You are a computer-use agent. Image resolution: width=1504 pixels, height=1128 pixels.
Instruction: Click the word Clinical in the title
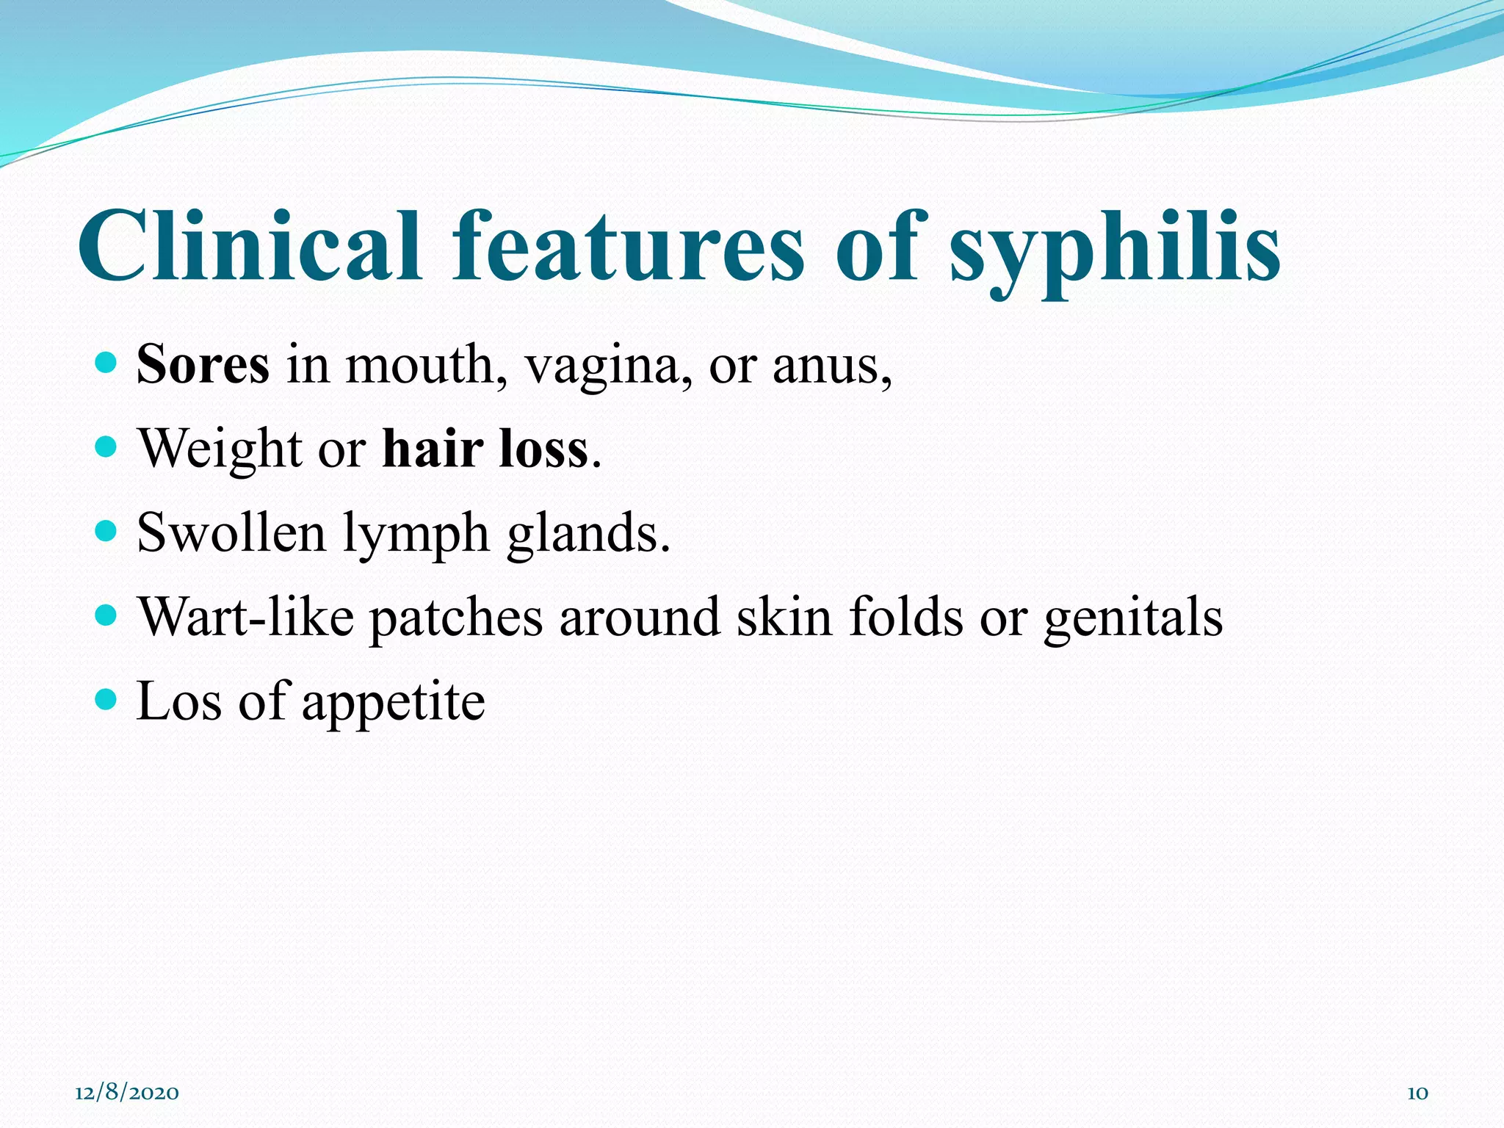[250, 246]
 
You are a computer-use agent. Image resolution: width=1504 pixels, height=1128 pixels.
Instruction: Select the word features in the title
[628, 246]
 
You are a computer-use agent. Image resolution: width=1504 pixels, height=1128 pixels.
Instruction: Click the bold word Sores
[203, 364]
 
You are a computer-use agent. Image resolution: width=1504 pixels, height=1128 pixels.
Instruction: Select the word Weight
[220, 449]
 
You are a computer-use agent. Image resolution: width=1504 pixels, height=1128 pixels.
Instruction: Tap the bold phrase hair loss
[485, 448]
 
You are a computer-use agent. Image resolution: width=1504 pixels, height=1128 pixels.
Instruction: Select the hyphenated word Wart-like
[246, 617]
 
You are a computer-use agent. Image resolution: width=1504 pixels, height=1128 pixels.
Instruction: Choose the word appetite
[393, 704]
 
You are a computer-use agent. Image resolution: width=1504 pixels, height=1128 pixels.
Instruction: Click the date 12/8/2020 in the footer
[127, 1093]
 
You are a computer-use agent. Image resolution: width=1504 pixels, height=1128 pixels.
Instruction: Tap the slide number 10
[1417, 1093]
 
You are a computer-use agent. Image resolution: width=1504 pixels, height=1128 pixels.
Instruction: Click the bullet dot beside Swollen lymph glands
[106, 530]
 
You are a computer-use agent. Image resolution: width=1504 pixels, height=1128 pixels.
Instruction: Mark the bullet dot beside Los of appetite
[106, 699]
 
